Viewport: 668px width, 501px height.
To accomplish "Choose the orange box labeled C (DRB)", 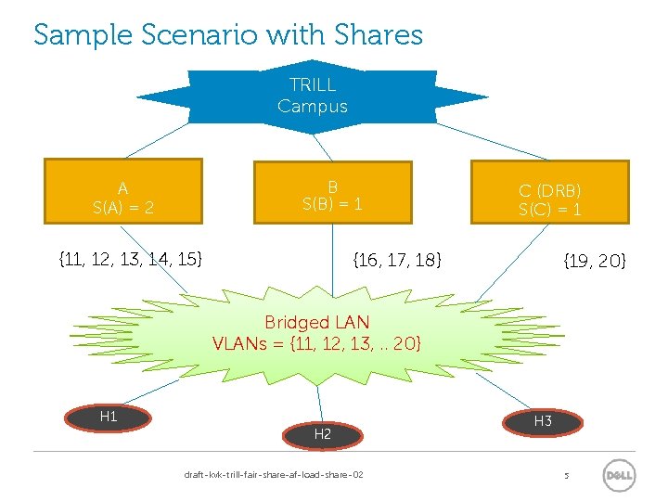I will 549,190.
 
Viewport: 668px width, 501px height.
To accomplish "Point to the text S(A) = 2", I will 123,208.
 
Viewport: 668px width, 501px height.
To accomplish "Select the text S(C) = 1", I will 549,210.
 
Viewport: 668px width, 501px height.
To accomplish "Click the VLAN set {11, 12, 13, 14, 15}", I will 130,258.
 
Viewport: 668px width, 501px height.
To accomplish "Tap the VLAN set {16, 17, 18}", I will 397,261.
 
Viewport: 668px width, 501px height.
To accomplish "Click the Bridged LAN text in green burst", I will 316,323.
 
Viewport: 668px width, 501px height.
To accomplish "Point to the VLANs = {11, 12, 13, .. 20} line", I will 316,343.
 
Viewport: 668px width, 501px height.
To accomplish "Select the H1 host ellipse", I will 109,417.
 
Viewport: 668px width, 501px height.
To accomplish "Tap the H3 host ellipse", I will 543,422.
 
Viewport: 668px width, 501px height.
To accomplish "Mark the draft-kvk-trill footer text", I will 274,475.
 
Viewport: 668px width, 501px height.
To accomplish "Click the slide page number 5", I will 566,476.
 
